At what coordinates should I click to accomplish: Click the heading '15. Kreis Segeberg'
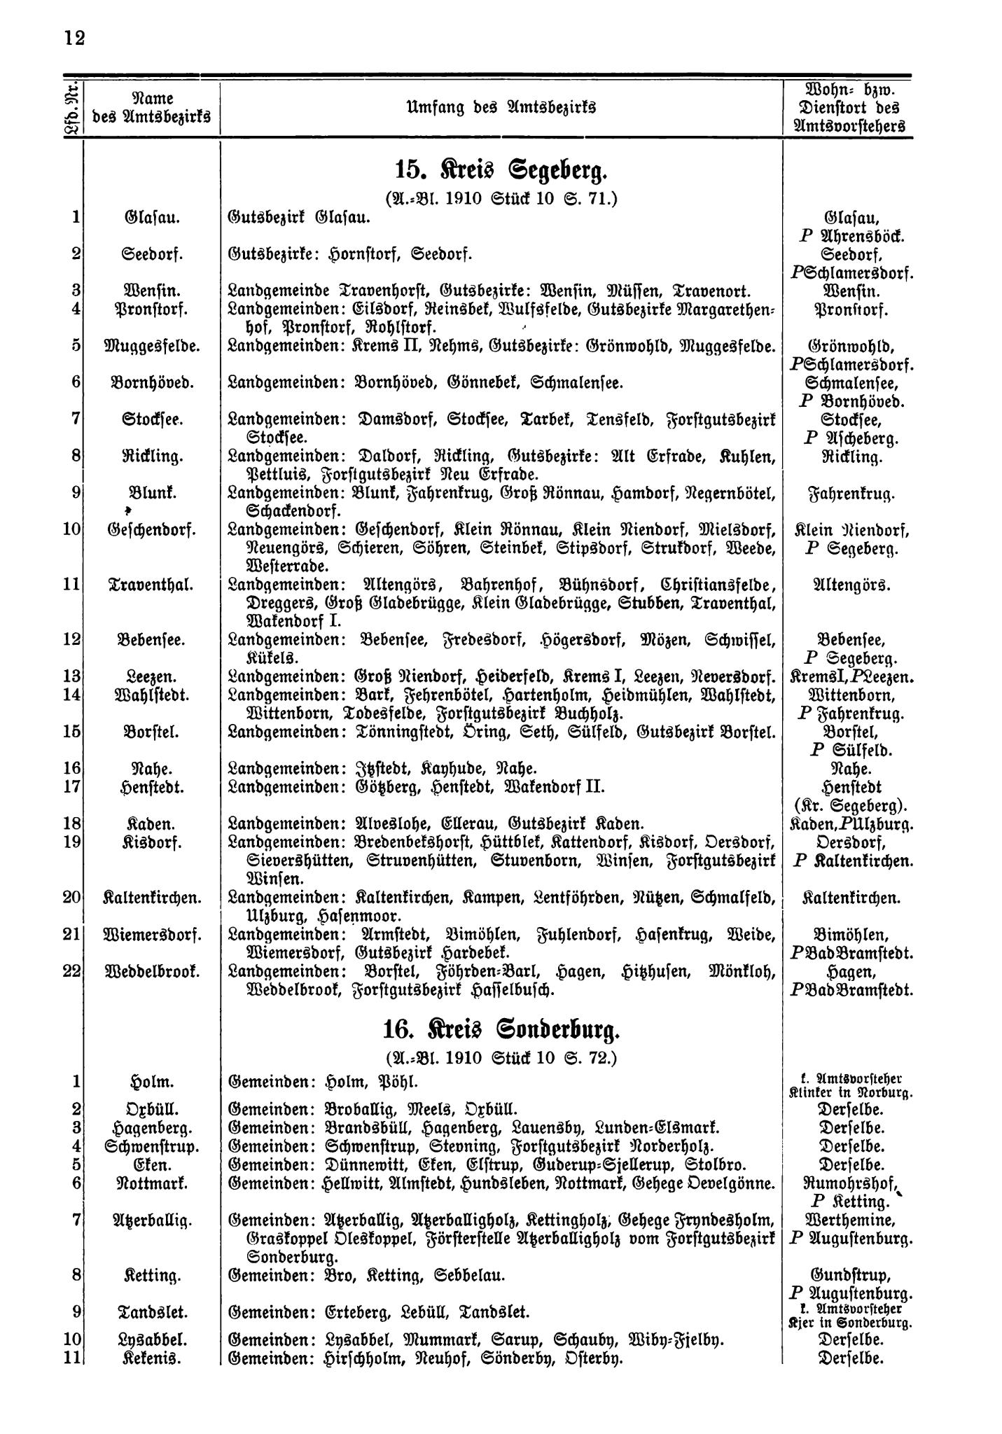pyautogui.click(x=501, y=170)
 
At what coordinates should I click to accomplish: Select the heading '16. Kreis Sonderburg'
pyautogui.click(x=501, y=1031)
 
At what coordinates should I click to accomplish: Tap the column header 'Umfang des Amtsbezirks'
pyautogui.click(x=501, y=108)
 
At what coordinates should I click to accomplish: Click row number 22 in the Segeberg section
pyautogui.click(x=72, y=971)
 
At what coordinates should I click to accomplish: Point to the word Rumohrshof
pyautogui.click(x=847, y=1183)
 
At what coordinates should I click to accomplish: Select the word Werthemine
pyautogui.click(x=849, y=1220)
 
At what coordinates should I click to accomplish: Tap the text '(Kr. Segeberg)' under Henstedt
pyautogui.click(x=849, y=805)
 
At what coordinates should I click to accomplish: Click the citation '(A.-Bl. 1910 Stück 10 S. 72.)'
pyautogui.click(x=501, y=1057)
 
